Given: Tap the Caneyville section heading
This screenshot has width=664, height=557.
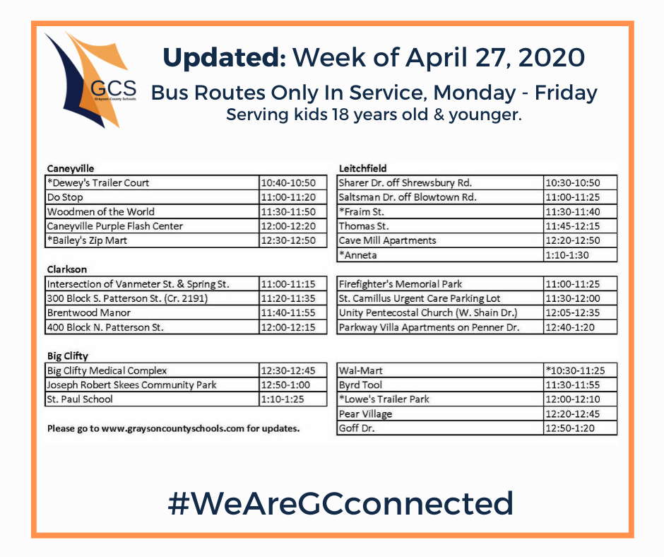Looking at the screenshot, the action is pos(71,169).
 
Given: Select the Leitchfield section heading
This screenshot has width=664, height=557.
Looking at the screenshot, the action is pos(363,168).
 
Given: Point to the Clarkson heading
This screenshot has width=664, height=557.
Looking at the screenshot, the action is pos(67,269).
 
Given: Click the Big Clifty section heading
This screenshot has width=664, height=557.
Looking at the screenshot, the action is pos(68,356).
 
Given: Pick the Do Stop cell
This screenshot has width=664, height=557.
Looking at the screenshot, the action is pos(152,197).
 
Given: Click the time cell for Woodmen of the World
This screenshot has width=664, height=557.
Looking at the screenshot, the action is pos(293,211).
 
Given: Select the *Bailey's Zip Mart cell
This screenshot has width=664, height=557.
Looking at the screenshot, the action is pos(152,240).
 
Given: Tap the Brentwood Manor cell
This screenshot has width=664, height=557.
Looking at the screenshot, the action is pos(152,313).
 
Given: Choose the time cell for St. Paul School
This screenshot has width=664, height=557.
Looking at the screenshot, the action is pos(293,399).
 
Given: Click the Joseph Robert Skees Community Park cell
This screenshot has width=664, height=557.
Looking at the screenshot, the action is pos(152,385).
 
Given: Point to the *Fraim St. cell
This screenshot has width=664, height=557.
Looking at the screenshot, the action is pos(440,211).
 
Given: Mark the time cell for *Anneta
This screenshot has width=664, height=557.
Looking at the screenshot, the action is pos(581,255).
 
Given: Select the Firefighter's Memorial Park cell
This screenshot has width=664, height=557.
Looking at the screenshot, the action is pos(440,284).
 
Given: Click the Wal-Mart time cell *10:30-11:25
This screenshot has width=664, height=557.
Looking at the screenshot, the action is pos(581,370).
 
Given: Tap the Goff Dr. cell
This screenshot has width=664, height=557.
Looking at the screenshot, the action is pos(440,428).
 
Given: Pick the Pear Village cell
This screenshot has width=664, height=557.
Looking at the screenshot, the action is pos(440,414).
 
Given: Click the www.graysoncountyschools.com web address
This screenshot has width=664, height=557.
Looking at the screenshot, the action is pos(173,428).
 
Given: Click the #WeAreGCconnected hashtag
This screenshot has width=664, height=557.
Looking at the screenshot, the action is pos(341,503).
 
